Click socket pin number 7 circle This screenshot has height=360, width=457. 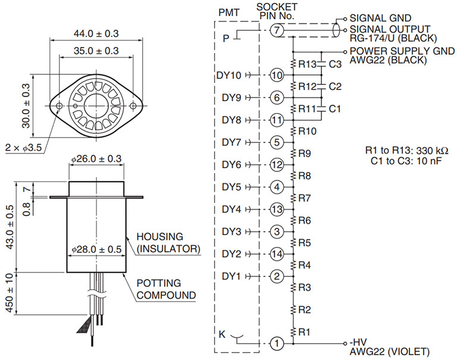point(277,30)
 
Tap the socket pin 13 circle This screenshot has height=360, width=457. point(277,209)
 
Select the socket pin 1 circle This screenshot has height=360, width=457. point(277,343)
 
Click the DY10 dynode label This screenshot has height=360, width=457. point(228,75)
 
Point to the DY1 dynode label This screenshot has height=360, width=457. point(231,276)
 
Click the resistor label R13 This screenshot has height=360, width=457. point(308,64)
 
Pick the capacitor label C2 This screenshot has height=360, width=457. point(335,86)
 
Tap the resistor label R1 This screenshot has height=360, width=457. point(304,331)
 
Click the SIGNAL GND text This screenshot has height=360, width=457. point(380,18)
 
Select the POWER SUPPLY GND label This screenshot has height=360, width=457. point(402,51)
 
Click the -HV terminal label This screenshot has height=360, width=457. point(358,342)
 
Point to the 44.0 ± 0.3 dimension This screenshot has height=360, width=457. point(96,33)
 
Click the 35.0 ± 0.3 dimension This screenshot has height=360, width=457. point(96,51)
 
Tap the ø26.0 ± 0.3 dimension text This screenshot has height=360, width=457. point(96,158)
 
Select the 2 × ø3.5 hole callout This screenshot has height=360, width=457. point(23,148)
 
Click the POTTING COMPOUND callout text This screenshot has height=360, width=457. point(166,289)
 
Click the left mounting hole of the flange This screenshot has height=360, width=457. point(59,105)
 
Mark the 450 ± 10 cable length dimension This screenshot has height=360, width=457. point(10,293)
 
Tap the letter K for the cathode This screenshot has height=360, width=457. point(222,334)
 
